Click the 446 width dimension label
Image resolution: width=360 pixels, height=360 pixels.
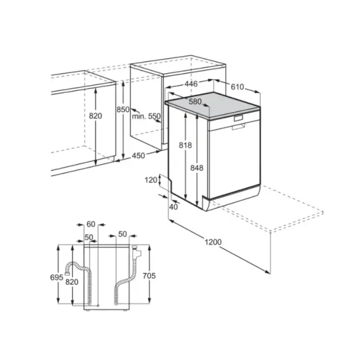pyautogui.click(x=191, y=84)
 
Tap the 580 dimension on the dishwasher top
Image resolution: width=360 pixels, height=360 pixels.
pyautogui.click(x=195, y=101)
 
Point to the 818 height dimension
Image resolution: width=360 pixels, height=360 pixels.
pyautogui.click(x=185, y=146)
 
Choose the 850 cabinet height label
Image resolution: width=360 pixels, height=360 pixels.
pyautogui.click(x=123, y=110)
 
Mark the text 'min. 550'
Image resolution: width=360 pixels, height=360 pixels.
pyautogui.click(x=146, y=116)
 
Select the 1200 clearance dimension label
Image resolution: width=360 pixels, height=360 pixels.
pyautogui.click(x=213, y=242)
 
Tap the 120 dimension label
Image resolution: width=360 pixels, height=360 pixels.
pyautogui.click(x=151, y=179)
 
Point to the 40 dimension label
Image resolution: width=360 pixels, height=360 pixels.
pyautogui.click(x=173, y=207)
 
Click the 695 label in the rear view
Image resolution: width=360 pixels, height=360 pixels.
pyautogui.click(x=56, y=278)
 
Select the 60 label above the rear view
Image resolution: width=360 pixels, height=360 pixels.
pyautogui.click(x=91, y=224)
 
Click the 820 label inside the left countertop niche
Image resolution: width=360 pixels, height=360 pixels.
pyautogui.click(x=96, y=116)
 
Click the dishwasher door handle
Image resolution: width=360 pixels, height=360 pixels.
pyautogui.click(x=238, y=120)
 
